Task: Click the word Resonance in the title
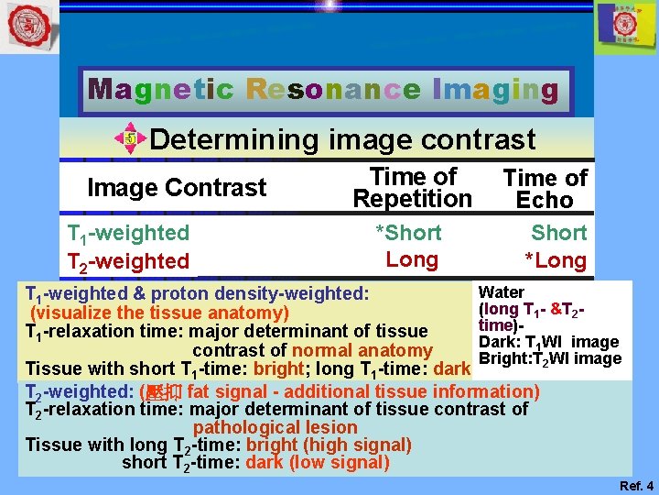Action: point(334,90)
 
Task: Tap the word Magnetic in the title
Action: point(160,90)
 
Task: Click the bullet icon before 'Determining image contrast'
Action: point(130,139)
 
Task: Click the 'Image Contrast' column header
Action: point(176,188)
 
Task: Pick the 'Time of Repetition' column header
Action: point(412,188)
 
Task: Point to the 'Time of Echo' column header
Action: point(545,189)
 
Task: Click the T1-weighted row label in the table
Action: point(129,234)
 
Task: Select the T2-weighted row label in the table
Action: point(129,261)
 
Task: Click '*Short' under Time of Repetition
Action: point(408,233)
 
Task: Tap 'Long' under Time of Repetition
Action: point(412,259)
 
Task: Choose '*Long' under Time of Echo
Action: point(555,260)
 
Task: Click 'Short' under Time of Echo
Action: point(558,233)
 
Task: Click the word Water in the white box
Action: point(502,292)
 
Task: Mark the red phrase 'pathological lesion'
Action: point(275,427)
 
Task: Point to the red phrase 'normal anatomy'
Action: point(362,350)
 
